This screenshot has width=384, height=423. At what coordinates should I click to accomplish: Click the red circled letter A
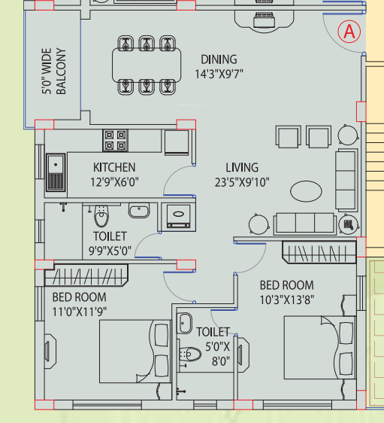349,32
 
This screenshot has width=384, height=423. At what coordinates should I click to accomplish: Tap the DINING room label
219,59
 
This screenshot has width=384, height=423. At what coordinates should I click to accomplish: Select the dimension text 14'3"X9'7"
219,74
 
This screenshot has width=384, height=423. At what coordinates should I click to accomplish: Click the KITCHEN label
114,167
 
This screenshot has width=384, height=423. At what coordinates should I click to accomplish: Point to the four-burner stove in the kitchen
115,140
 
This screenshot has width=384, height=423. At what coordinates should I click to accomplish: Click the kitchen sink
56,172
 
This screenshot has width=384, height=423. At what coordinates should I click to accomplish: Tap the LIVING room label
242,168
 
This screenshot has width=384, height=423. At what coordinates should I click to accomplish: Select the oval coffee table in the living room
306,191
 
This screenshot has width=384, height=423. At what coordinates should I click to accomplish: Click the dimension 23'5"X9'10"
242,182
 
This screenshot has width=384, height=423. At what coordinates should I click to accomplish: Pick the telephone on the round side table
349,224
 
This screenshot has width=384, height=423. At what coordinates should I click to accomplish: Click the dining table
147,65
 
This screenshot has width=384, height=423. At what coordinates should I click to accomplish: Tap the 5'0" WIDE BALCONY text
54,72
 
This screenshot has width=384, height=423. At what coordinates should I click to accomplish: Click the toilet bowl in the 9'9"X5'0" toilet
101,216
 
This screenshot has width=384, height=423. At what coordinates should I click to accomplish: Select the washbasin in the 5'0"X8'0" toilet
184,323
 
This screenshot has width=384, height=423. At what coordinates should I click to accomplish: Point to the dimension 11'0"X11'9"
80,312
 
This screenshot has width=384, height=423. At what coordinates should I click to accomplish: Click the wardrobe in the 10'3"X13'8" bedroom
319,252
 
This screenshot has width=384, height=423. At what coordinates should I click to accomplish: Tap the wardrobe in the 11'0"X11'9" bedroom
86,275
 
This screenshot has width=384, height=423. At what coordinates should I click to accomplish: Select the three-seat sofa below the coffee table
304,223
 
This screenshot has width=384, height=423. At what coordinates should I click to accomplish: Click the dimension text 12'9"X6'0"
114,182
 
